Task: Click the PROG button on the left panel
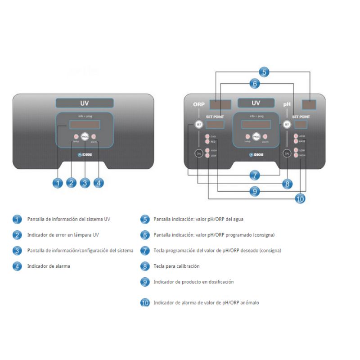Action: coord(85,137)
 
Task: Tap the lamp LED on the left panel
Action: coord(76,137)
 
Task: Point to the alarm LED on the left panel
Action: coord(94,137)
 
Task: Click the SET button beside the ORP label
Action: coord(198,124)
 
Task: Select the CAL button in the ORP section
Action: coord(198,153)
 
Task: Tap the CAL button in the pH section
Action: coord(287,153)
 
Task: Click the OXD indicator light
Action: coord(207,136)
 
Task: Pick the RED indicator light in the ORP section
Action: coord(207,141)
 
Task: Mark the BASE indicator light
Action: coord(296,141)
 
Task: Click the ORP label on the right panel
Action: coord(199,104)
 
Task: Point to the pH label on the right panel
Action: coord(287,104)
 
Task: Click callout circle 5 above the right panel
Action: coord(265,72)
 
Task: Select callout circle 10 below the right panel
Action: coord(299,198)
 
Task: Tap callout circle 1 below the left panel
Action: coord(57,183)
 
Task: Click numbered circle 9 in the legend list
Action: coord(145,282)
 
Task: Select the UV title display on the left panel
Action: coord(85,103)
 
